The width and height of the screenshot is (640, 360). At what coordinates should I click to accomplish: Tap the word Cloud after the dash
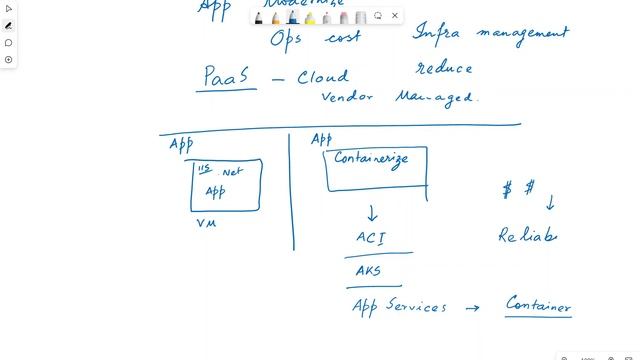point(323,77)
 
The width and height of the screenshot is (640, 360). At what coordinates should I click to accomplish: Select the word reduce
point(444,68)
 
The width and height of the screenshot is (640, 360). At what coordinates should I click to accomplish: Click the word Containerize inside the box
point(371,159)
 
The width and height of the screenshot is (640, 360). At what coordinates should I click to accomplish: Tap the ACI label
point(370,238)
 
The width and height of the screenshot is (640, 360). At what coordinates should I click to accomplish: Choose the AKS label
point(368,270)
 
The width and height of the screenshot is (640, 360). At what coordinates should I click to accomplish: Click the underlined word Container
point(538,304)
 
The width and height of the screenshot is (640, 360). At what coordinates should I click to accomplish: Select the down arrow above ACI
point(372,212)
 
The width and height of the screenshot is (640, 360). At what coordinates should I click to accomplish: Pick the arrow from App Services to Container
point(473,308)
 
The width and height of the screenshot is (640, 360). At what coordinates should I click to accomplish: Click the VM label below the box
point(206,223)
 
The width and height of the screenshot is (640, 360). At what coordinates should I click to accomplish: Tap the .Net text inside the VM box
point(232,171)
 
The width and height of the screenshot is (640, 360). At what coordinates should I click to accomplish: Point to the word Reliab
point(527,236)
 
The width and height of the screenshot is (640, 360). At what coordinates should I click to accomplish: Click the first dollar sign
point(508,190)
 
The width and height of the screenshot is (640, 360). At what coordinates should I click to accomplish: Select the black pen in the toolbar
point(259,17)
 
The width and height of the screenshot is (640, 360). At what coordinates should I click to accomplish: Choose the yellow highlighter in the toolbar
point(310,17)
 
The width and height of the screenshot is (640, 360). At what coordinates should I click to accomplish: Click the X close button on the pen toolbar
point(395,16)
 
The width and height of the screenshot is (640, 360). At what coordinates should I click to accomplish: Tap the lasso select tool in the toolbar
point(378,16)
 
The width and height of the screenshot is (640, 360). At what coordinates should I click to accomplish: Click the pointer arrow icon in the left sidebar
point(9,8)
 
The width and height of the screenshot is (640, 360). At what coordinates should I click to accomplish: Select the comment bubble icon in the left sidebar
point(9,43)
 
